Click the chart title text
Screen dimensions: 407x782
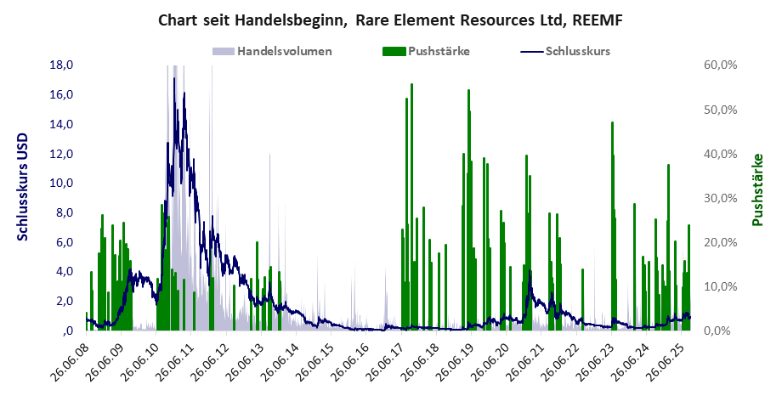pyautogui.click(x=391, y=20)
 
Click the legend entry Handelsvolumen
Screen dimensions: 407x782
pyautogui.click(x=284, y=51)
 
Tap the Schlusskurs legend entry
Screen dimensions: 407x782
pyautogui.click(x=577, y=51)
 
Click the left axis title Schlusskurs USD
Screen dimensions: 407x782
pyautogui.click(x=23, y=187)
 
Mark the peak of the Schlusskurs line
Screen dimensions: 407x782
pyautogui.click(x=173, y=79)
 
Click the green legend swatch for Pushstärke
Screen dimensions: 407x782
pyautogui.click(x=394, y=51)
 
